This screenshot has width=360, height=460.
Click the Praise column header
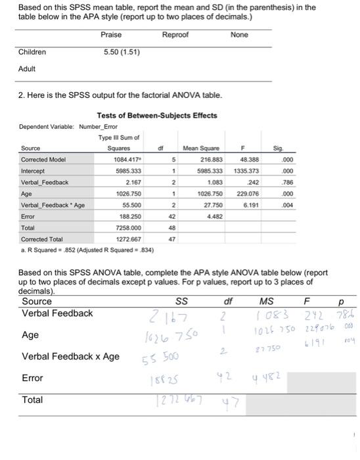coord(111,34)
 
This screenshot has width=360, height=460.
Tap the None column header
coord(239,34)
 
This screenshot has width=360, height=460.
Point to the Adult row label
coord(27,68)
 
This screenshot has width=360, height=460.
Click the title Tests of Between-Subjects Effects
coord(156,116)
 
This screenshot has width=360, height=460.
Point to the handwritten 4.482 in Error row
coord(262,379)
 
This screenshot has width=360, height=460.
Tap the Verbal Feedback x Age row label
coord(70,356)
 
